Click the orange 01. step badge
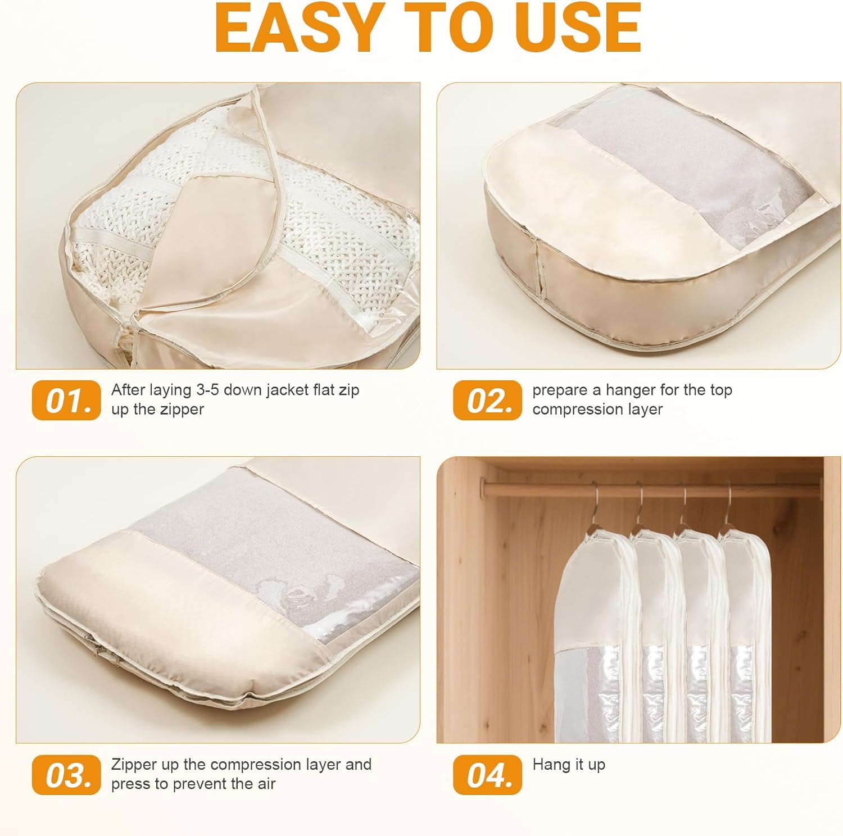66,400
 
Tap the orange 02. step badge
488,400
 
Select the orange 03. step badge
66,775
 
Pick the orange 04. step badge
488,775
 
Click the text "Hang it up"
569,765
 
